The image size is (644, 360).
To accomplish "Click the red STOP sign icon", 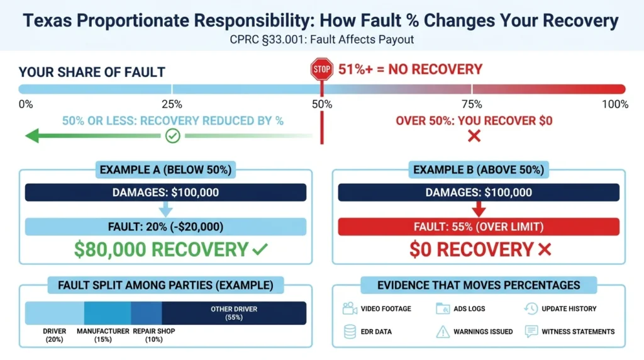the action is pyautogui.click(x=321, y=69).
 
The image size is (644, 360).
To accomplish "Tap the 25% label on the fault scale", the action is pyautogui.click(x=172, y=104).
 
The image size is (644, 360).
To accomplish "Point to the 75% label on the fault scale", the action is pyautogui.click(x=472, y=104).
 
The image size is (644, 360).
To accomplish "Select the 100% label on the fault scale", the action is pyautogui.click(x=615, y=104).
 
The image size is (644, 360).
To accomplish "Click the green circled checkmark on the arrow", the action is pyautogui.click(x=172, y=135).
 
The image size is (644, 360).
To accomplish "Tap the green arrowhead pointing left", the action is pyautogui.click(x=32, y=135).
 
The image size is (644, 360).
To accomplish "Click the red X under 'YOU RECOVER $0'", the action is pyautogui.click(x=474, y=135).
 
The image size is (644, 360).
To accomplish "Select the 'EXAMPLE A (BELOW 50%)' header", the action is pyautogui.click(x=165, y=170).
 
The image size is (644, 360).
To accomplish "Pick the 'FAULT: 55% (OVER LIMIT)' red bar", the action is pyautogui.click(x=479, y=227).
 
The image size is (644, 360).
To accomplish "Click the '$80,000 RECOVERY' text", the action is pyautogui.click(x=161, y=249).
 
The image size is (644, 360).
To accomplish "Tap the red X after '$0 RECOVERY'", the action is pyautogui.click(x=545, y=249).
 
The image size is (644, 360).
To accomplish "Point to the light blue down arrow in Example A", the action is pyautogui.click(x=165, y=209).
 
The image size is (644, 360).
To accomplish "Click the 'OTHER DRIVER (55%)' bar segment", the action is pyautogui.click(x=234, y=313).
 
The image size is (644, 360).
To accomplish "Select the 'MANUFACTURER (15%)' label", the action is pyautogui.click(x=103, y=335).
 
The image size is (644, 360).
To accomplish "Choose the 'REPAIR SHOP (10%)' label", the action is pyautogui.click(x=154, y=335).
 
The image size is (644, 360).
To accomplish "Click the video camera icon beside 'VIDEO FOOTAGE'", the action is pyautogui.click(x=350, y=308).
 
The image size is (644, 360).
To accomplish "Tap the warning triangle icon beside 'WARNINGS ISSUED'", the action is pyautogui.click(x=443, y=332).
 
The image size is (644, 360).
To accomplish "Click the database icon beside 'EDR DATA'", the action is pyautogui.click(x=350, y=332).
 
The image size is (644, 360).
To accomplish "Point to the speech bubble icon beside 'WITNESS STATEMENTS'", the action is pyautogui.click(x=531, y=331).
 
